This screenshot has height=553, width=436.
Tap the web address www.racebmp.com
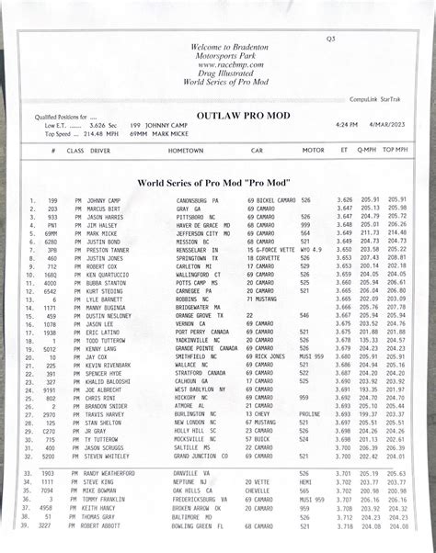tap(216, 65)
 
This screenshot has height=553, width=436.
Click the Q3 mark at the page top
tap(331, 39)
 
